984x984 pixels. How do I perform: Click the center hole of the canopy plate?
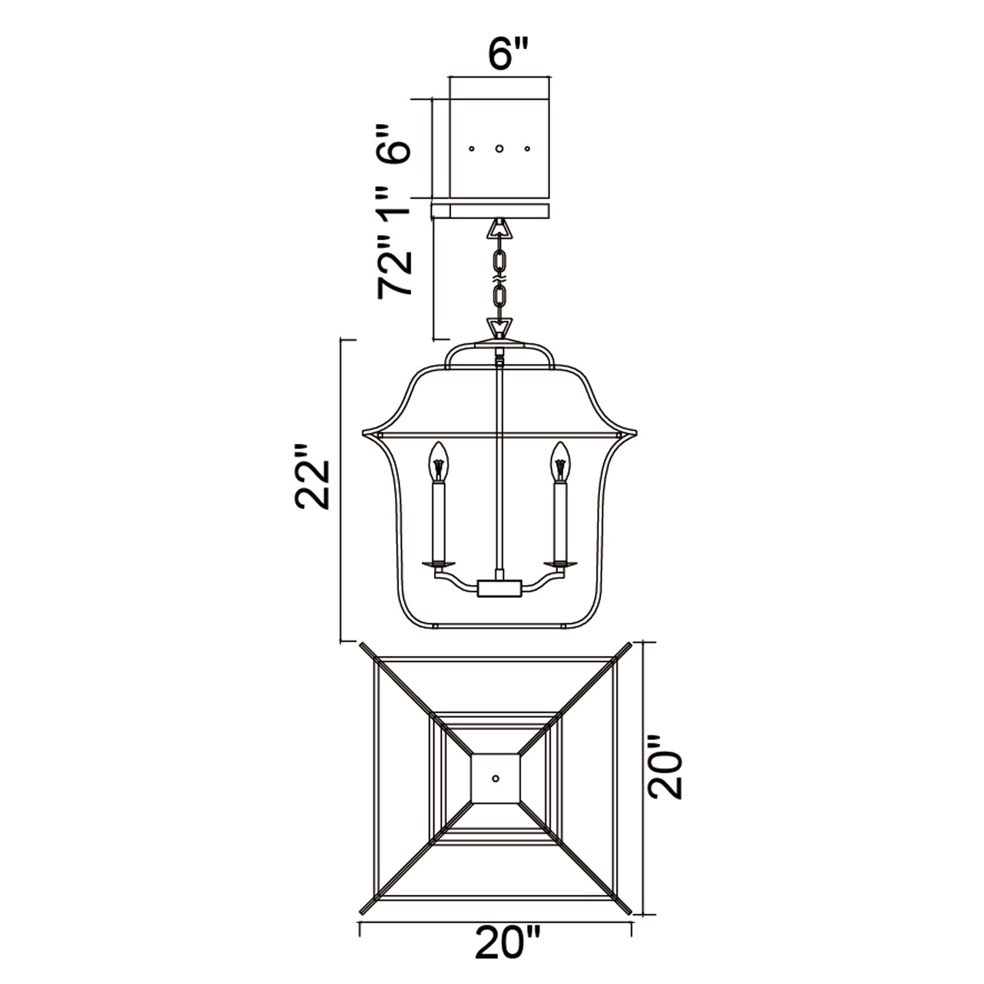click(500, 149)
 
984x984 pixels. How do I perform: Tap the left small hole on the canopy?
click(472, 149)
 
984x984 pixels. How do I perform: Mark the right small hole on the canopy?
click(527, 149)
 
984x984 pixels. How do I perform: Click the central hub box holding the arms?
click(500, 589)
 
